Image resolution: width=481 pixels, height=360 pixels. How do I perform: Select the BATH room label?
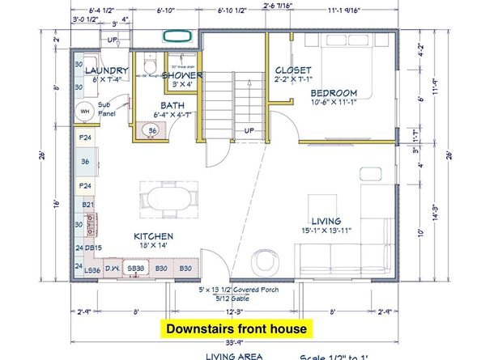pyautogui.click(x=173, y=105)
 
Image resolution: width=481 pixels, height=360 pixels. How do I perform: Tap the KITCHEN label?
pyautogui.click(x=154, y=236)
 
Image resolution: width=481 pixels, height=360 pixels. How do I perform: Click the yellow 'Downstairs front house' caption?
pyautogui.click(x=236, y=329)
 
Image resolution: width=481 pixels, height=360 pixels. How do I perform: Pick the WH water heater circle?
pyautogui.click(x=83, y=112)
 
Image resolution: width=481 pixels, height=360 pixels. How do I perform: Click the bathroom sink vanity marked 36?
pyautogui.click(x=152, y=129)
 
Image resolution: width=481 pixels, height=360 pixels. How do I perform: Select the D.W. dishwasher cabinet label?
pyautogui.click(x=112, y=268)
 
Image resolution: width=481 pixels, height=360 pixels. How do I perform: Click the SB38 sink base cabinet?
pyautogui.click(x=135, y=268)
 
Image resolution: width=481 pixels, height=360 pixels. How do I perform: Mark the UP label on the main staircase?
pyautogui.click(x=249, y=130)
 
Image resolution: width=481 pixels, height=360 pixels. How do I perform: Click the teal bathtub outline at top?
pyautogui.click(x=176, y=36)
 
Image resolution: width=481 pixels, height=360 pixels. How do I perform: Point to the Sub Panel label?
pyautogui.click(x=107, y=108)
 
